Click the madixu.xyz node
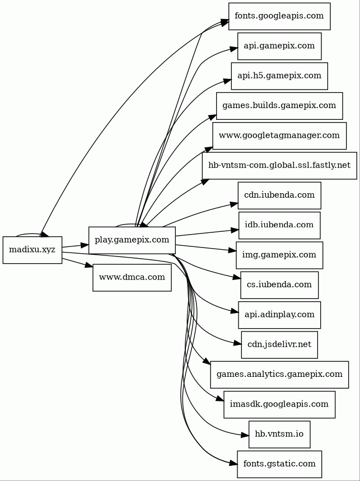[32, 250]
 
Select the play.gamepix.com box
[132, 240]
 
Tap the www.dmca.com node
[132, 277]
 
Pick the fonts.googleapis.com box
[279, 16]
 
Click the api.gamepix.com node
[279, 46]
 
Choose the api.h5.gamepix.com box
[279, 76]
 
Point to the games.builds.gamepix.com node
[279, 106]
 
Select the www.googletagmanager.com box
[279, 136]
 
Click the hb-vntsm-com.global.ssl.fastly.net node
[279, 166]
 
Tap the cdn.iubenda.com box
[279, 195]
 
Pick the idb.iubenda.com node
[279, 225]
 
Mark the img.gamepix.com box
[279, 255]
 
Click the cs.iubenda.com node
[279, 285]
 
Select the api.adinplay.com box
[279, 315]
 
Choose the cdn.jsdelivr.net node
[279, 344]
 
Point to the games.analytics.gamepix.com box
[279, 375]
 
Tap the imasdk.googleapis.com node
[279, 404]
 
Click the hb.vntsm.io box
[279, 435]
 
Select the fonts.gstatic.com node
[279, 464]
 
